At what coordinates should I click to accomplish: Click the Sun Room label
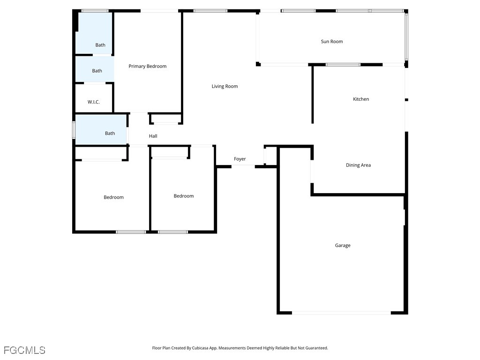(x=331, y=42)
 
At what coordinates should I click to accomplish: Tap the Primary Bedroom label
(x=147, y=67)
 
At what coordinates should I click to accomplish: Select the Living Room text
(x=225, y=86)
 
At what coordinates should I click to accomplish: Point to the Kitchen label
(x=360, y=99)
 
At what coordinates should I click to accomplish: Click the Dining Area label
(x=358, y=165)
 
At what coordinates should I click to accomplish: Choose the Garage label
(x=342, y=246)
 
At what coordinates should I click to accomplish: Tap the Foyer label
(x=240, y=159)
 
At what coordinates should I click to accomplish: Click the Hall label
(x=153, y=136)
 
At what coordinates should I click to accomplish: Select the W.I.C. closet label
(x=94, y=102)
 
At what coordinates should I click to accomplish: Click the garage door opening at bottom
(x=341, y=313)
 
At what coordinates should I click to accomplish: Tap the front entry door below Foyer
(x=243, y=166)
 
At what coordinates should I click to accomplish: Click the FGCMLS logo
(x=24, y=350)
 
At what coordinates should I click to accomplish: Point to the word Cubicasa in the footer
(x=201, y=348)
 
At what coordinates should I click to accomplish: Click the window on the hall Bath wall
(x=74, y=130)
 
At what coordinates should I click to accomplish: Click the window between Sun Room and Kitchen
(x=343, y=65)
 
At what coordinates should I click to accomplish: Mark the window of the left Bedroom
(x=131, y=232)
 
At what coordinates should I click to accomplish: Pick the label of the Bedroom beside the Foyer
(x=183, y=196)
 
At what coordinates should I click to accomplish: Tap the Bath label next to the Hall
(x=110, y=134)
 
